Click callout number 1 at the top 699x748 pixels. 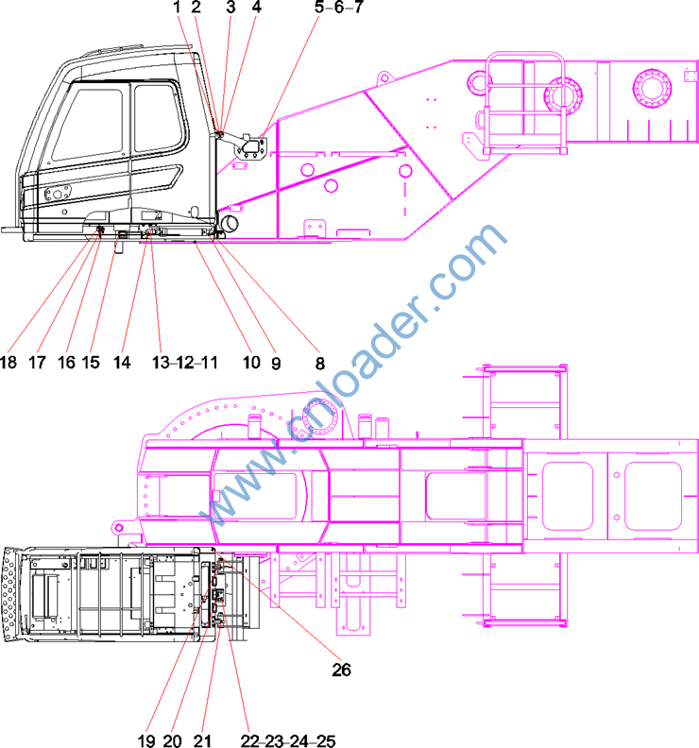177,7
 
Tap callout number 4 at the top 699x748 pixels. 256,7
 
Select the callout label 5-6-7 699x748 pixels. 339,7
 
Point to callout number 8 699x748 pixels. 319,363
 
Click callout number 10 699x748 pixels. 251,362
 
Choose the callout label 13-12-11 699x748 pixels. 184,362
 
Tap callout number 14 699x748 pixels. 122,362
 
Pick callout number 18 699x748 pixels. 9,362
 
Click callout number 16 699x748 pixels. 66,362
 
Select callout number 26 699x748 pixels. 341,670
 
